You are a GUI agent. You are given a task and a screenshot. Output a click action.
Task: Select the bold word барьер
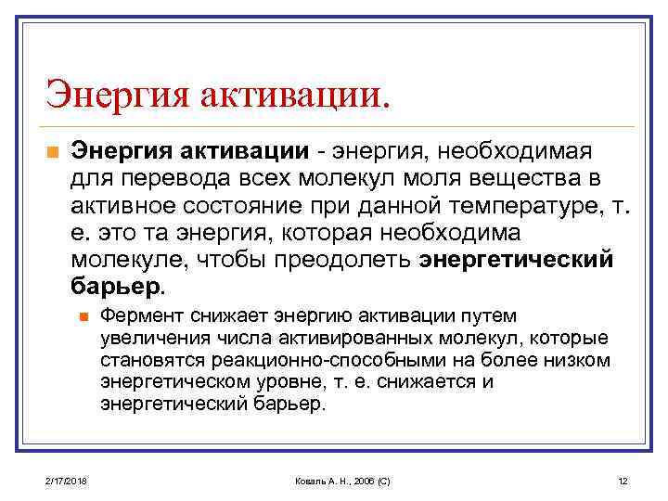(117, 285)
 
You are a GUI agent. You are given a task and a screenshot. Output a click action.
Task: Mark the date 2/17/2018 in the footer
(63, 482)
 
